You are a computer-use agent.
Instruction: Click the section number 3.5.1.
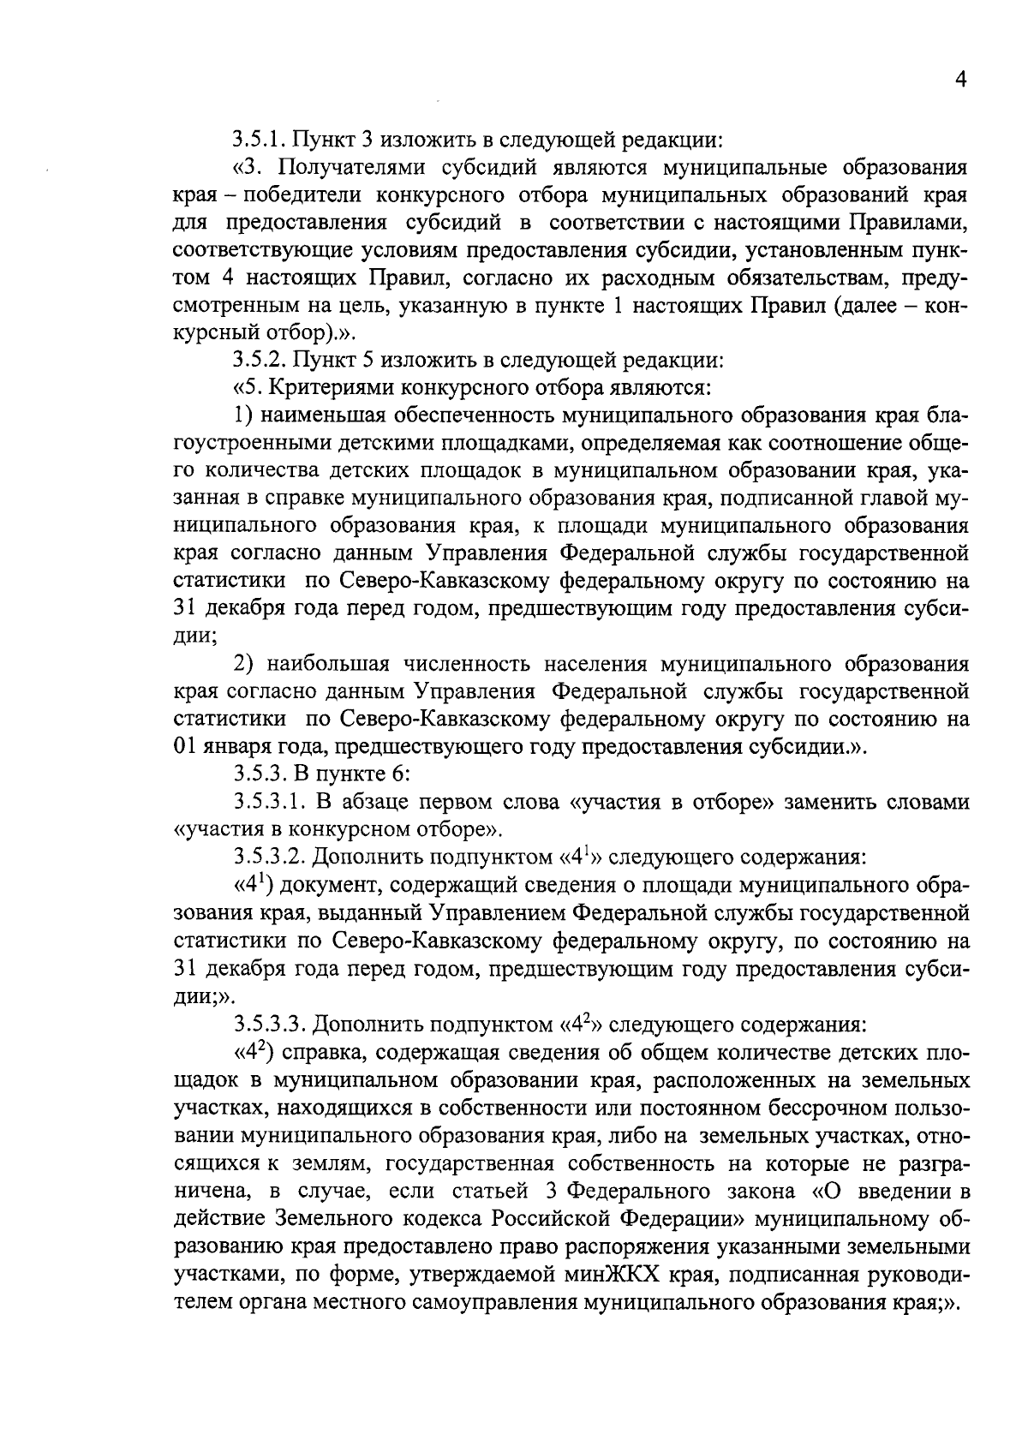tap(260, 139)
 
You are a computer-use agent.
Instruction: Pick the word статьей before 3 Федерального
tap(497, 1191)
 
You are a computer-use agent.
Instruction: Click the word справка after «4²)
tap(318, 1052)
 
